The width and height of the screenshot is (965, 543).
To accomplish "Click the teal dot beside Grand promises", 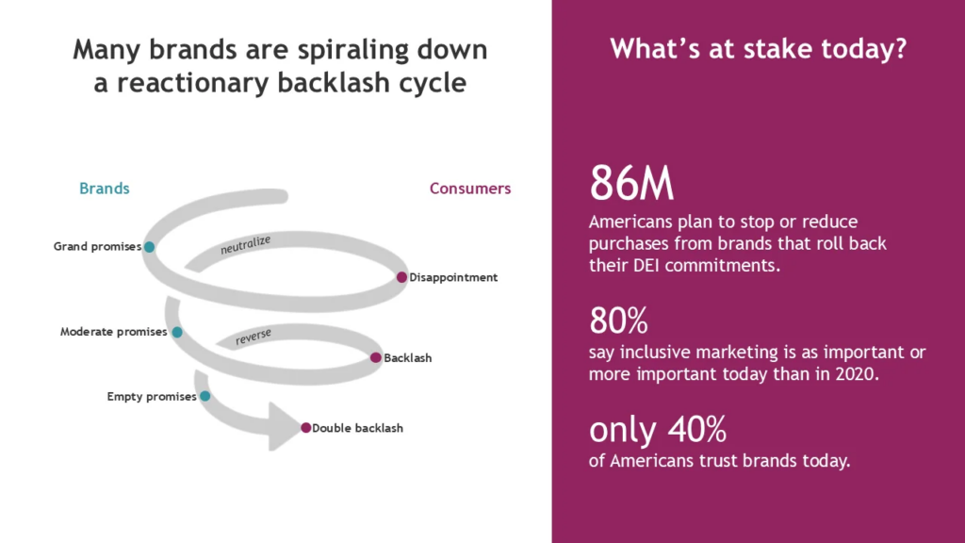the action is pyautogui.click(x=150, y=247).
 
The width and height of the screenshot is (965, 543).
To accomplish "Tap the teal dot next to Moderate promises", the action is pyautogui.click(x=177, y=333).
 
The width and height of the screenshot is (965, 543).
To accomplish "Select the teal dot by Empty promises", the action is pyautogui.click(x=204, y=397).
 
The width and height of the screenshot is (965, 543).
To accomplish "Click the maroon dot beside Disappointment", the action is pyautogui.click(x=401, y=278).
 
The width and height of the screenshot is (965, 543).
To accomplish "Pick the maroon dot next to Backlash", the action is pyautogui.click(x=376, y=357).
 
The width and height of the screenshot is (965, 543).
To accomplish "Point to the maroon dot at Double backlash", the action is pyautogui.click(x=306, y=428).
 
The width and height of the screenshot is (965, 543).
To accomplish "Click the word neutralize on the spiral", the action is pyautogui.click(x=246, y=244).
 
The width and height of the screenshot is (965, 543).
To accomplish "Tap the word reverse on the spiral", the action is pyautogui.click(x=253, y=337).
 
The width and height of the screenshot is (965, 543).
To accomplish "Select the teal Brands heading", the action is pyautogui.click(x=105, y=189).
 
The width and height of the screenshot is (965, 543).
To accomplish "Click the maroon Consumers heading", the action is pyautogui.click(x=470, y=189).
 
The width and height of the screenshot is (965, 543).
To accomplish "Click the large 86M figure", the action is pyautogui.click(x=631, y=184).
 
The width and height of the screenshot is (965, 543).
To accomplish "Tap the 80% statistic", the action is pyautogui.click(x=618, y=321).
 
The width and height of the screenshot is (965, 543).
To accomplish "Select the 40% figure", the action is pyautogui.click(x=697, y=429).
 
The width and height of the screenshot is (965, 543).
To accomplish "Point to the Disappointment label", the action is pyautogui.click(x=453, y=278).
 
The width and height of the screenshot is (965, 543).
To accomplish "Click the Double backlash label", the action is pyautogui.click(x=357, y=428).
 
